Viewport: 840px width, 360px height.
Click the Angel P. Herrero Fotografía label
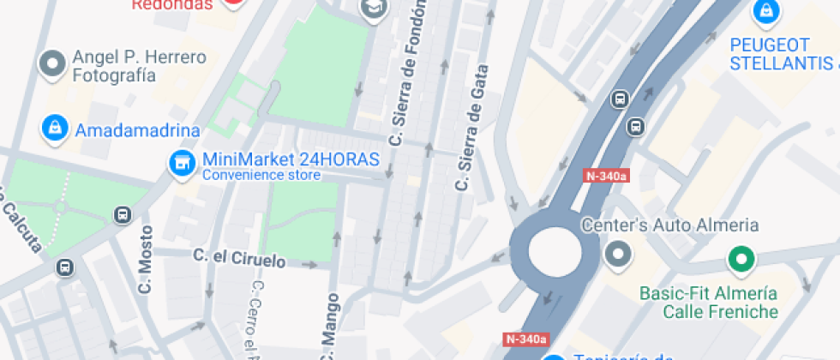[139, 66]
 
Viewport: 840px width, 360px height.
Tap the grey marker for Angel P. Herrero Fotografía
[53, 63]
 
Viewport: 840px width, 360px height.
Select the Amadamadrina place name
[138, 131]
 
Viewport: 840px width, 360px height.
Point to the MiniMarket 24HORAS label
[291, 160]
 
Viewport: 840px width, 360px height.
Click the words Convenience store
[261, 176]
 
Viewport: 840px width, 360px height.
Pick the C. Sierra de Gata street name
[472, 129]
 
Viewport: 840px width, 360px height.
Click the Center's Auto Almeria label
[669, 225]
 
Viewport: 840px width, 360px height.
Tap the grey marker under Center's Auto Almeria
[617, 254]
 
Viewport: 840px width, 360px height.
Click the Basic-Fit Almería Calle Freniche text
[708, 302]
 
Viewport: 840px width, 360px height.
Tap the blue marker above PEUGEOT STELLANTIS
[763, 11]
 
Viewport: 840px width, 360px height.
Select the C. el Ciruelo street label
[239, 256]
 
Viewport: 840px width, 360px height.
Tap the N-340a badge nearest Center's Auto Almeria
[606, 177]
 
